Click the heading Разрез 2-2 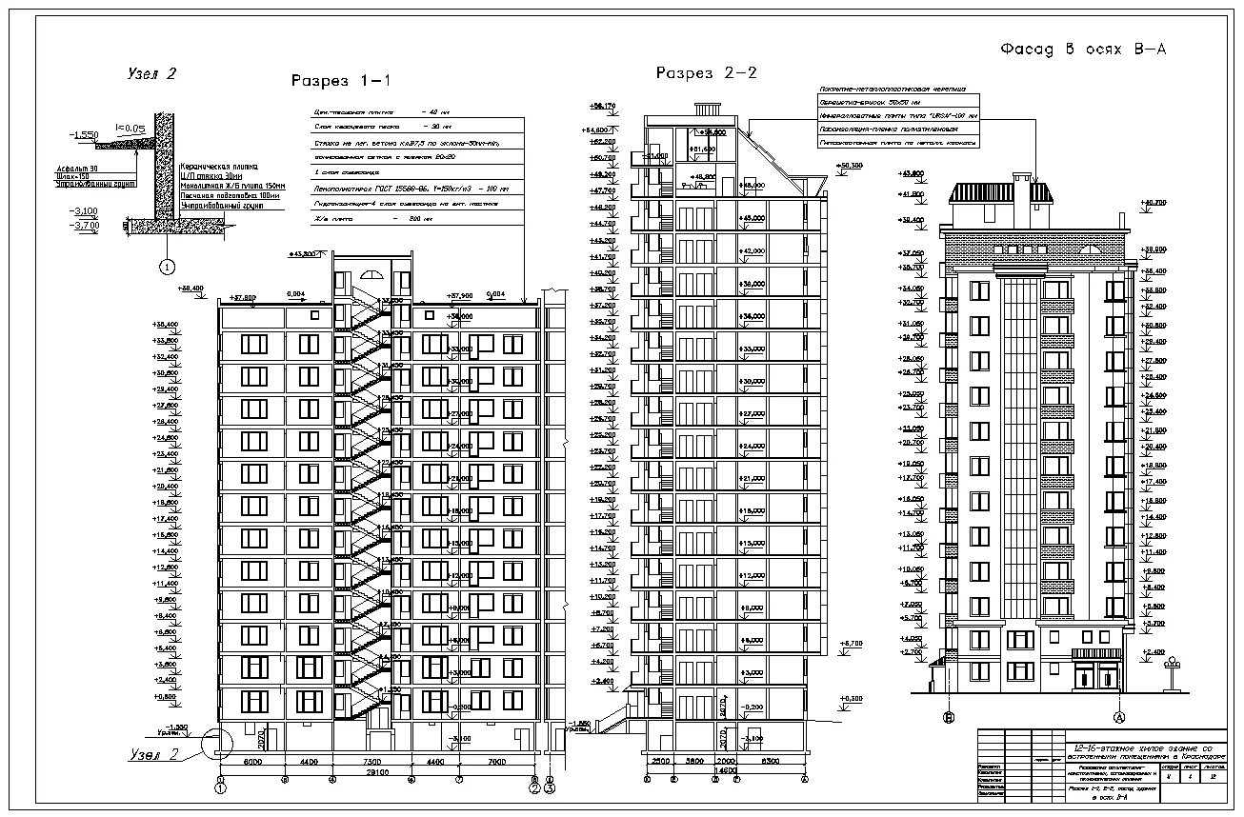[706, 73]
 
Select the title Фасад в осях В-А [1082, 50]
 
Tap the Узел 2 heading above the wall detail [152, 72]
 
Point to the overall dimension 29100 [379, 772]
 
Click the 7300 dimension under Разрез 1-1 [371, 762]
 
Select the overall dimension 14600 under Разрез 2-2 [726, 771]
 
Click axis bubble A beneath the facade [1120, 717]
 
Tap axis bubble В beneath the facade [949, 717]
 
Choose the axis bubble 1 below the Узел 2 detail [167, 267]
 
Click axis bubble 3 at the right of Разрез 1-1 [550, 788]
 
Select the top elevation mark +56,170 [603, 106]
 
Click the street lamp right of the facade [1173, 666]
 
